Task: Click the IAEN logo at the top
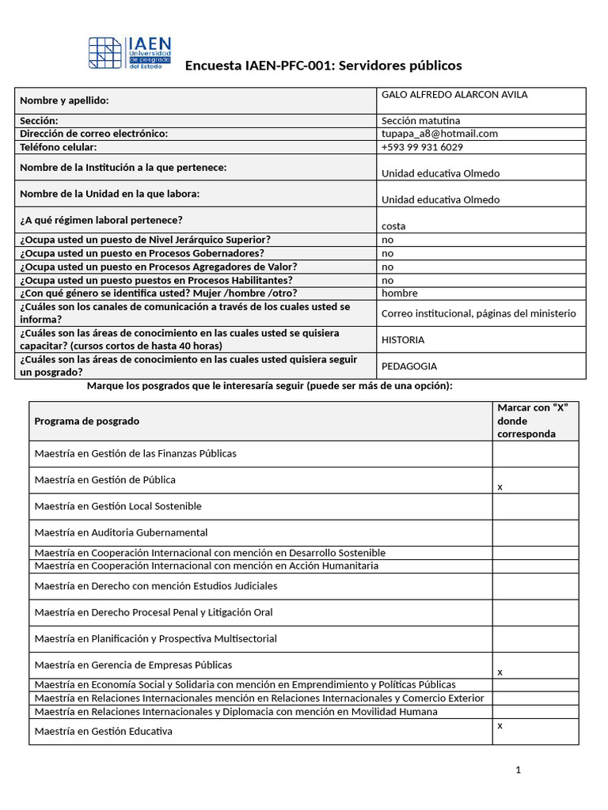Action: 129,54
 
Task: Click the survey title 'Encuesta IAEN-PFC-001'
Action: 323,66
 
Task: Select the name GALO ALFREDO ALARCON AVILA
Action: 454,95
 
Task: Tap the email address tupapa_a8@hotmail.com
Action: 439,134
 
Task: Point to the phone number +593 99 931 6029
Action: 422,147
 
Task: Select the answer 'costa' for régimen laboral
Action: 393,226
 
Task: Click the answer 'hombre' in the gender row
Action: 400,293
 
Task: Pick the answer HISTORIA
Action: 403,340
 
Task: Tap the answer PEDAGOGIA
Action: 409,366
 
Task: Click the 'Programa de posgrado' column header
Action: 87,421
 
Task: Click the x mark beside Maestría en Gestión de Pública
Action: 500,487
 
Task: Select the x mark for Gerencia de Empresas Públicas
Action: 500,672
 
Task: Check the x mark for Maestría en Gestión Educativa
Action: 500,725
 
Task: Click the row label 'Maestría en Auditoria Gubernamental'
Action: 121,532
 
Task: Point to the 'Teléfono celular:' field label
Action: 59,147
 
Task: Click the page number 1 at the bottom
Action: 518,770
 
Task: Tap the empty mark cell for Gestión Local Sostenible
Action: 535,506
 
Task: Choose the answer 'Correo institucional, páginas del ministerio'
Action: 479,313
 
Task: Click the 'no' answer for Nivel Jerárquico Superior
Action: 387,240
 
